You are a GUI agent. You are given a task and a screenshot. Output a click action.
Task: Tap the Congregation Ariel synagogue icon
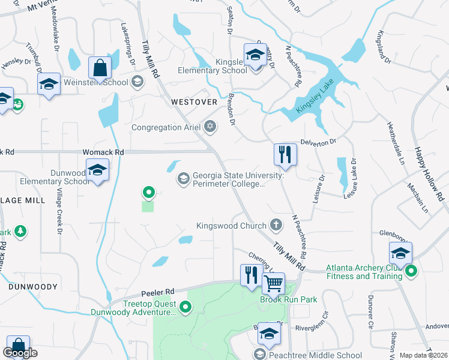coord(209,127)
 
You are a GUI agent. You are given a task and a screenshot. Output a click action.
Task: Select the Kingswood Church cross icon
coord(276,226)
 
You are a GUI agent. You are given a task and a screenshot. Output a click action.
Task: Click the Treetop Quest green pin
coord(185,308)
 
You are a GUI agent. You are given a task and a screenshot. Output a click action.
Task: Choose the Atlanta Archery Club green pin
coord(411,272)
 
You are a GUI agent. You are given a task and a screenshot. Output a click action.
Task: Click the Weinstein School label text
coord(103,82)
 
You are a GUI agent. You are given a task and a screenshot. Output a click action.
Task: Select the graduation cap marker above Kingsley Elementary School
coord(256,55)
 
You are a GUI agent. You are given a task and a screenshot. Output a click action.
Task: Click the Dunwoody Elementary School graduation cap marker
coord(97,170)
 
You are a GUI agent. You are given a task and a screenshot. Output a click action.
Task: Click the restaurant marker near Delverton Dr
coord(285,154)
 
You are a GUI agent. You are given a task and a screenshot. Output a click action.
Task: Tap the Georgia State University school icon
coord(182,179)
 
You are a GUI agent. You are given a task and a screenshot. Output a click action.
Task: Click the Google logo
coord(21,353)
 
